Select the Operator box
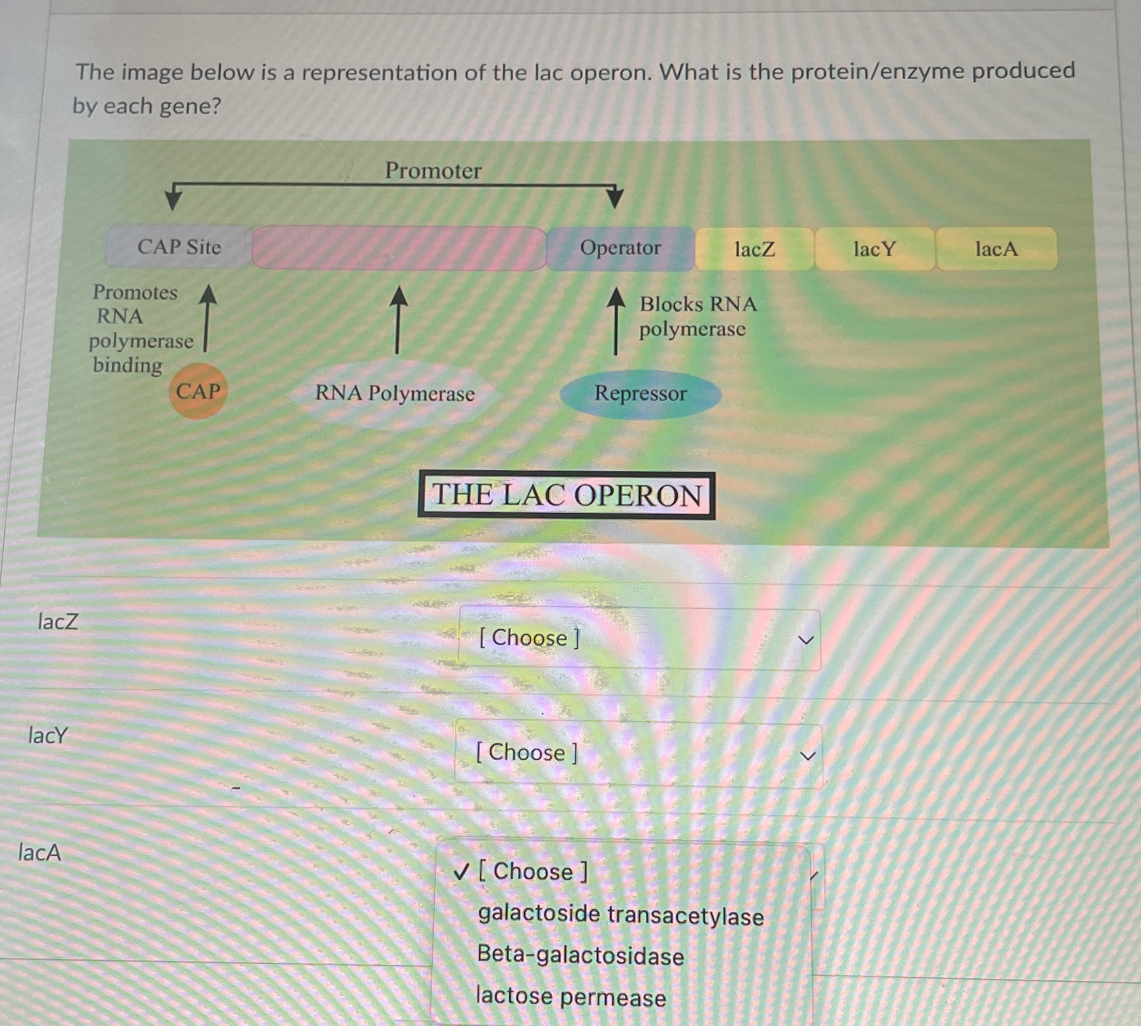[620, 248]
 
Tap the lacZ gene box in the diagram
[754, 249]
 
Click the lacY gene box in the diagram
[875, 249]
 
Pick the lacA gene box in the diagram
[996, 249]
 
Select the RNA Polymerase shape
[394, 394]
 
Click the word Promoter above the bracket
[433, 170]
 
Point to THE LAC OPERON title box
[566, 495]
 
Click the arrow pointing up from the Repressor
[615, 321]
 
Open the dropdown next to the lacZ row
[639, 639]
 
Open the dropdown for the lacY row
[639, 753]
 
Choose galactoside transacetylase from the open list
[621, 915]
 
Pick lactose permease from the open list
[571, 997]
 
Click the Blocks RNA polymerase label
[697, 316]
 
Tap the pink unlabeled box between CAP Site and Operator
[398, 248]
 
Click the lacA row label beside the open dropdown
[40, 852]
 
